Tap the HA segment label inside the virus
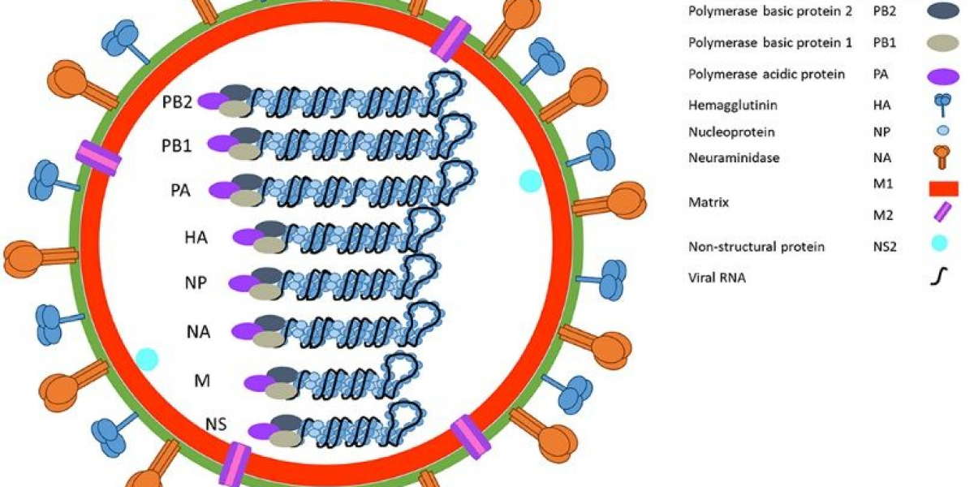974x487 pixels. coord(196,238)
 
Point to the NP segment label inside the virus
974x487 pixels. coord(197,283)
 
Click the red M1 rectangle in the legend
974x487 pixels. coord(942,188)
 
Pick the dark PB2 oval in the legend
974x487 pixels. coord(942,11)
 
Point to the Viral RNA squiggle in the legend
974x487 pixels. coord(941,278)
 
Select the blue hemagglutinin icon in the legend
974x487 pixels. coord(942,104)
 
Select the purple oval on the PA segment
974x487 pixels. coord(220,190)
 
